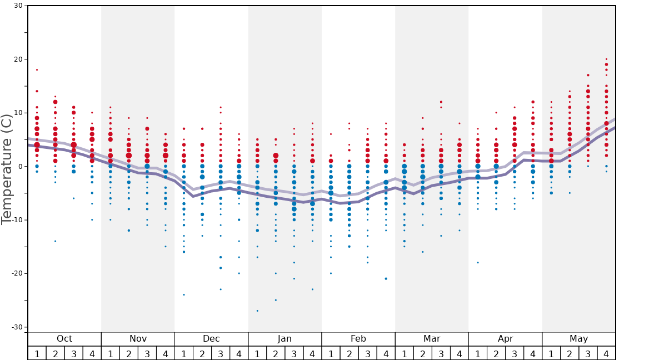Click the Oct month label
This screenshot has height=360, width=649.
64,339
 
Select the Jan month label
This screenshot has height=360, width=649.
284,339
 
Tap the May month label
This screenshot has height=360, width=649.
578,339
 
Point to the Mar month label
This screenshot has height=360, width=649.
432,339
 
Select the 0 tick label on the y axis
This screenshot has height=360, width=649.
19,167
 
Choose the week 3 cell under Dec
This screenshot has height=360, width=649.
221,353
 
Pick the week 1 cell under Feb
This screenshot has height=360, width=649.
331,353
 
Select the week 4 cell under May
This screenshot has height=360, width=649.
606,353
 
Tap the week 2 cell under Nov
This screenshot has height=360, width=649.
129,353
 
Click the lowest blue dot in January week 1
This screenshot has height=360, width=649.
257,311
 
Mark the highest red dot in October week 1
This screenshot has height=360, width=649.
37,70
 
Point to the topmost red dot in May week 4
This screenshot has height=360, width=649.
606,59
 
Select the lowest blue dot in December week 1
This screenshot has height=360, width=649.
184,294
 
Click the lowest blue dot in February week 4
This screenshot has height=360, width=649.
386,278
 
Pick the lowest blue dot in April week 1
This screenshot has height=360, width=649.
477,262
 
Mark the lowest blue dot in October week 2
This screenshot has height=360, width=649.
55,241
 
